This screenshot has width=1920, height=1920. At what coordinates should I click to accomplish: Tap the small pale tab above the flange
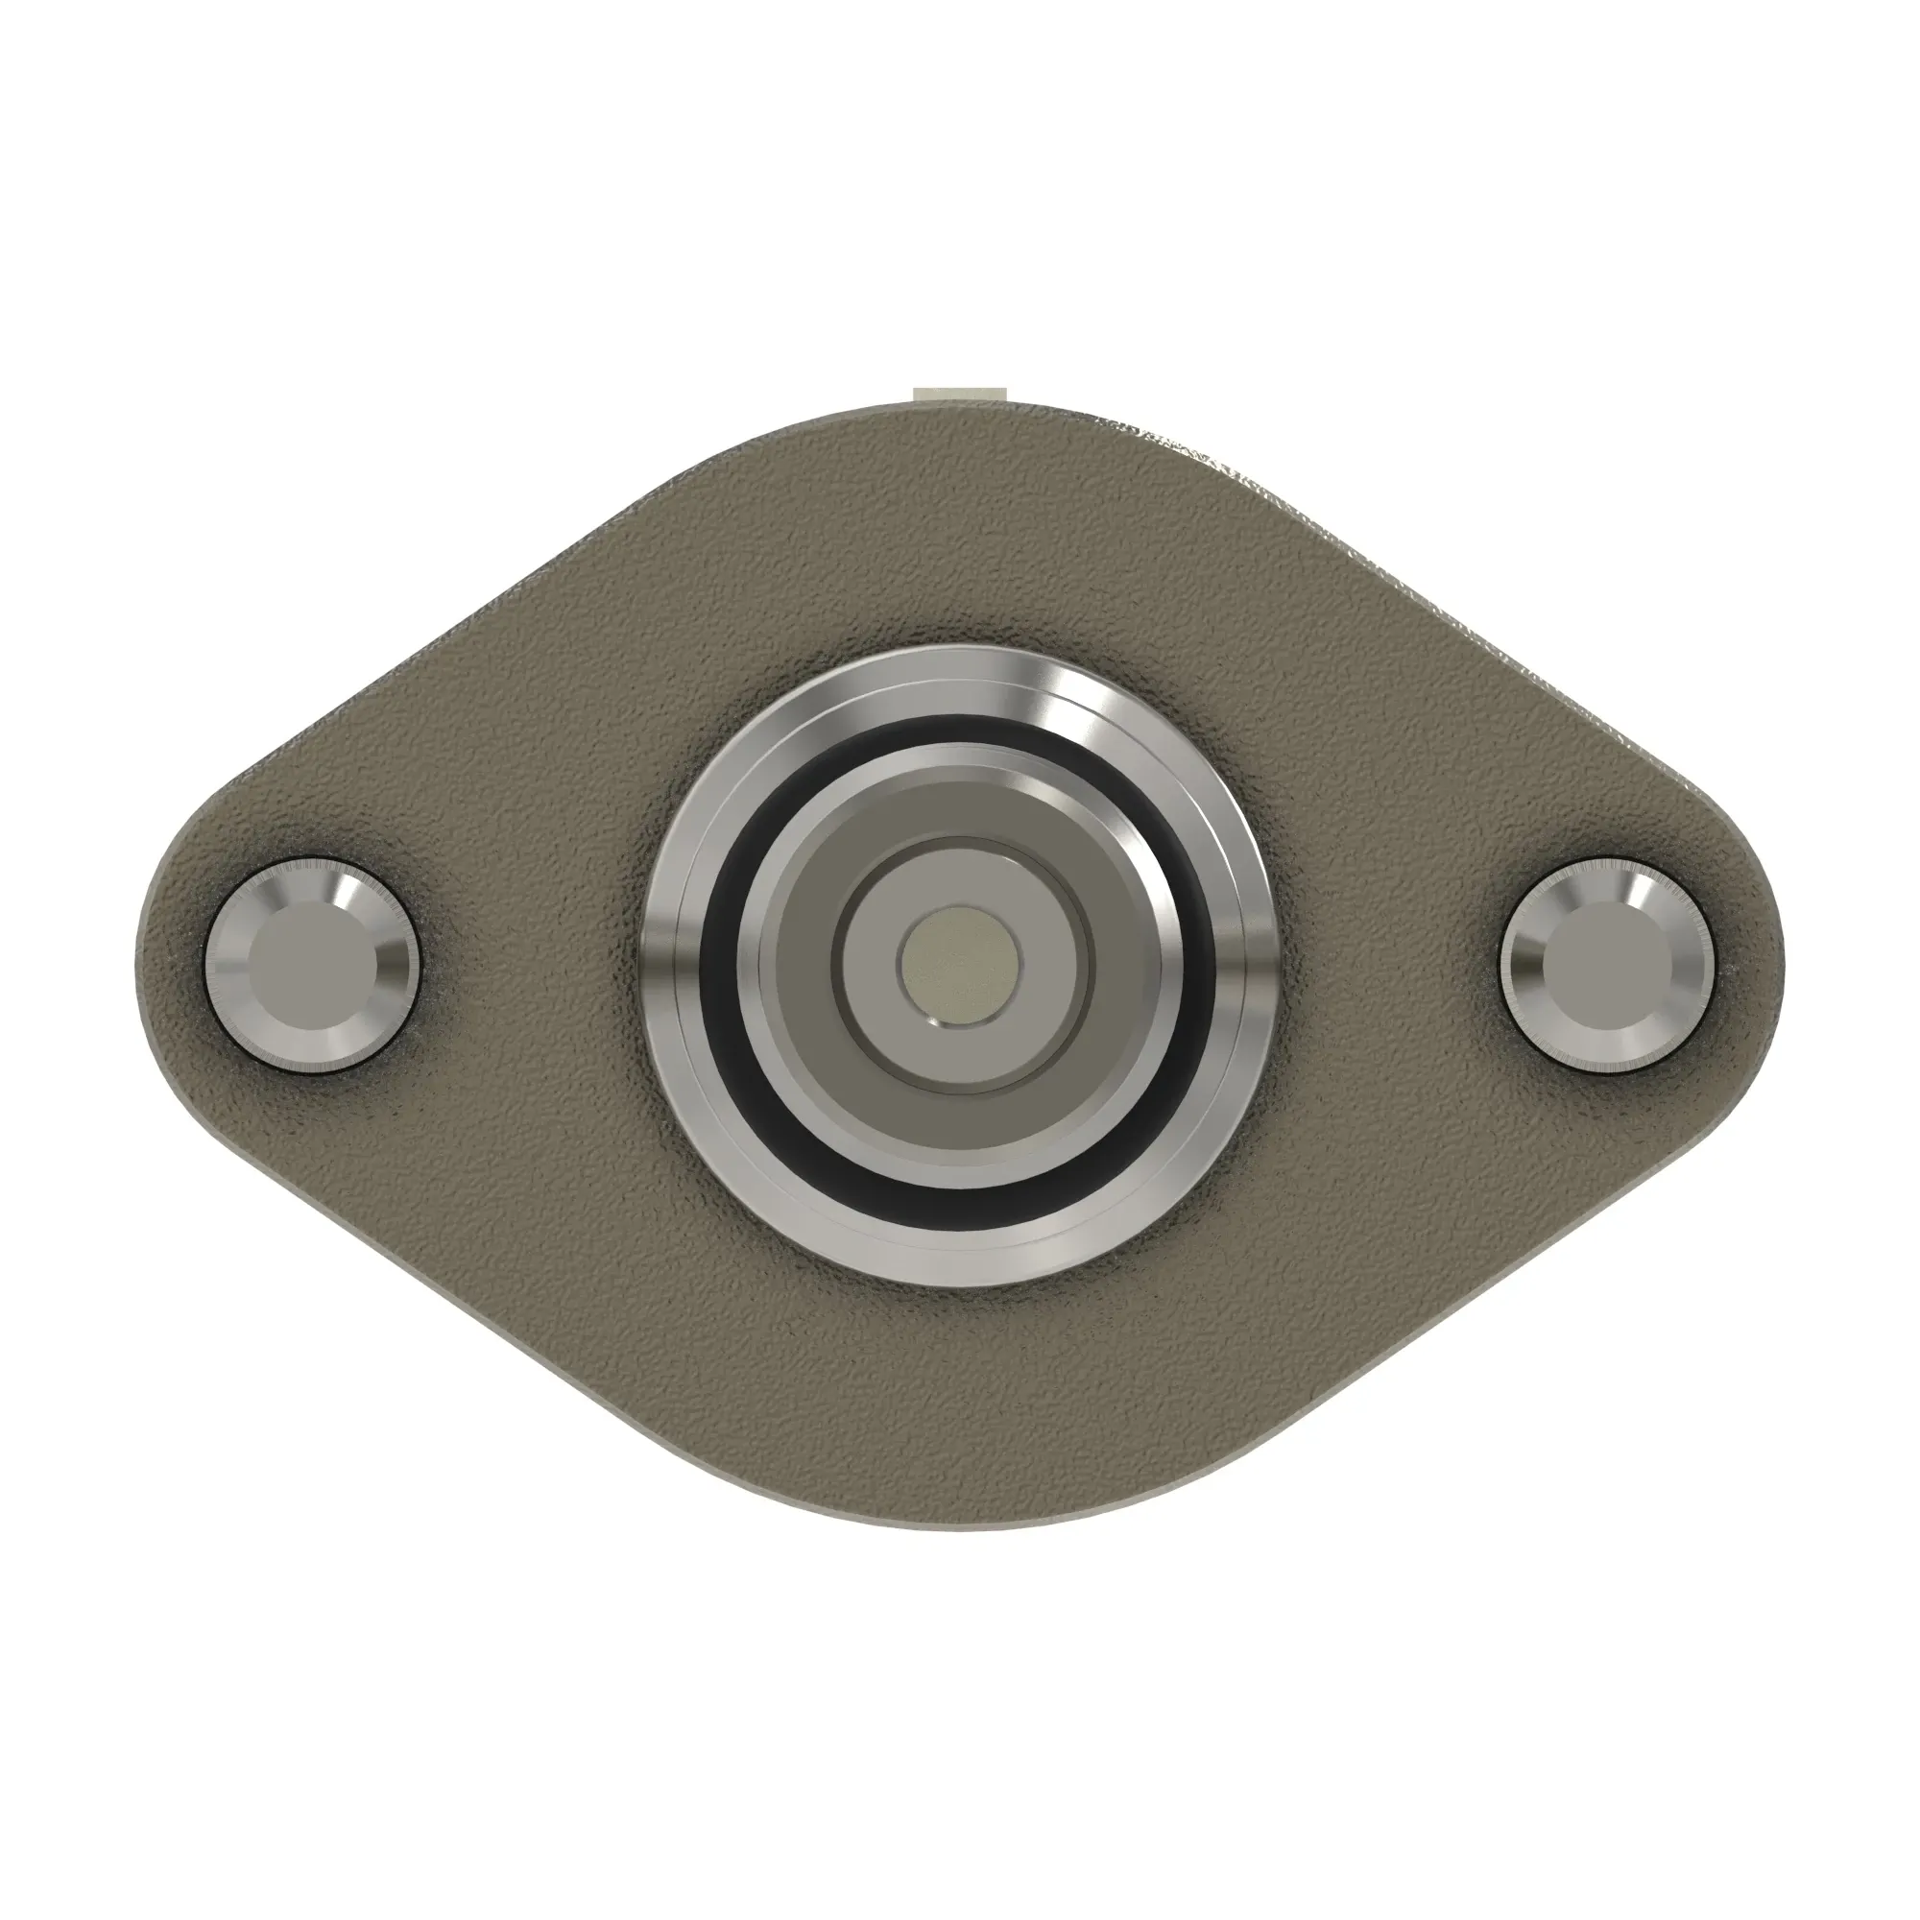960,395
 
